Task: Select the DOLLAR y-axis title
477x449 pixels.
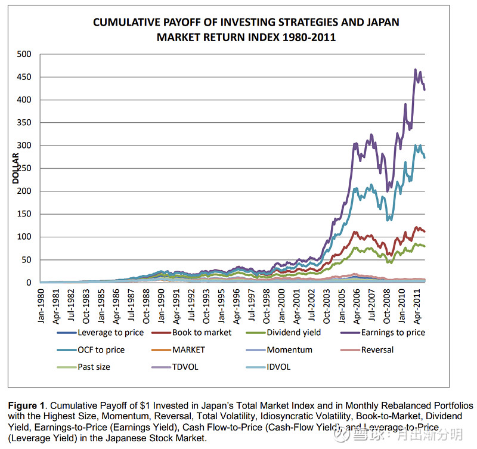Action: [x=16, y=168]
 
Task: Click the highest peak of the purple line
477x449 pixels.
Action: [x=416, y=70]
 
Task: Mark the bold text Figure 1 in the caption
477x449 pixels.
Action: [x=28, y=406]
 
